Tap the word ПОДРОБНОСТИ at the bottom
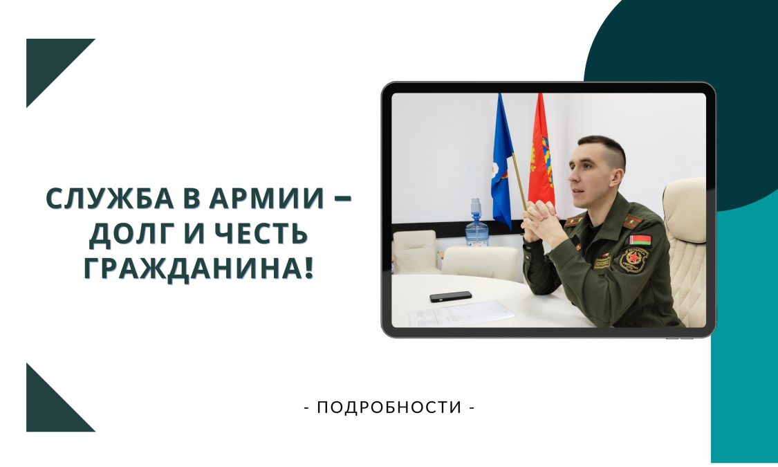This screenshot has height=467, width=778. click(389, 408)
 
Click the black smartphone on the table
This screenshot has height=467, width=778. click(450, 296)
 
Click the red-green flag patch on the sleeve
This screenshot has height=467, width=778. click(640, 241)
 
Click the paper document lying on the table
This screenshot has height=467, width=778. click(461, 313)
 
